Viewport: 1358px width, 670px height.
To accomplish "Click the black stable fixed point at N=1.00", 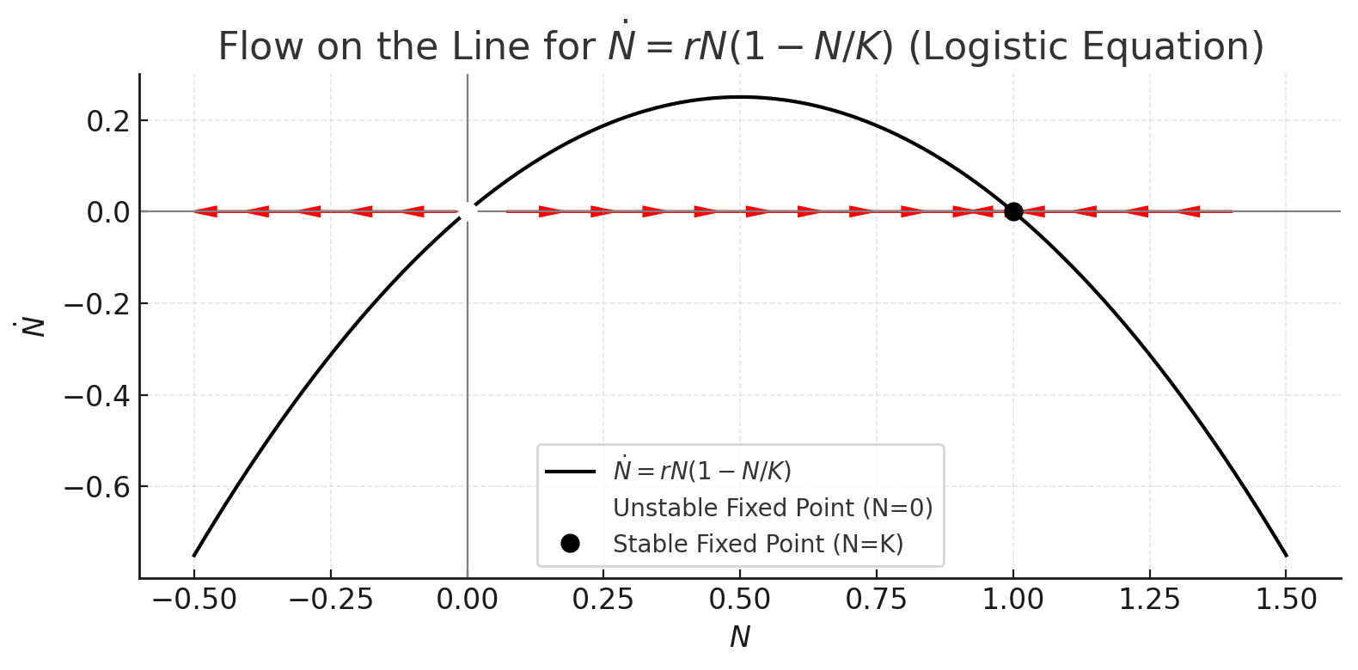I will tap(1013, 211).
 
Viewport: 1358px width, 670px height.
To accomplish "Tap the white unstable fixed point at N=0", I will tap(467, 211).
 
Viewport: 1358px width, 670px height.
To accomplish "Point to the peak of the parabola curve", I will tap(740, 97).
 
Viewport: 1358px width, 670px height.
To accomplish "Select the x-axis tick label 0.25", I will tap(603, 600).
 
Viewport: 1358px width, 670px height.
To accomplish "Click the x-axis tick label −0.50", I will tap(193, 600).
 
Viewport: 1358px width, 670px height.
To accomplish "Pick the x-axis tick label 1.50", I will tap(1286, 600).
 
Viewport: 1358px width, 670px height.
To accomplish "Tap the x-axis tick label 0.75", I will tap(876, 600).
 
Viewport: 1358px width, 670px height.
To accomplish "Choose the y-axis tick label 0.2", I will tap(107, 121).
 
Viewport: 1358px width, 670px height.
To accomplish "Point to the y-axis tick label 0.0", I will tap(107, 212).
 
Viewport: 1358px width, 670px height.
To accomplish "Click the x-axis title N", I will tap(740, 637).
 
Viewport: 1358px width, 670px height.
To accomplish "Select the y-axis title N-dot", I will tap(34, 326).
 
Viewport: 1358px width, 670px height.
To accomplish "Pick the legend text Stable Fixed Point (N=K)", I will tap(758, 544).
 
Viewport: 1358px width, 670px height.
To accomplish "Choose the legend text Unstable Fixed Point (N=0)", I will tap(773, 508).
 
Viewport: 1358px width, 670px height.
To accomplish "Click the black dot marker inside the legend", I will tap(570, 543).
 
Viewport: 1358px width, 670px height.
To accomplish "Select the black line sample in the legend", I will tap(570, 472).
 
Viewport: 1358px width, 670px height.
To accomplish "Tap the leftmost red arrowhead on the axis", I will tap(205, 211).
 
